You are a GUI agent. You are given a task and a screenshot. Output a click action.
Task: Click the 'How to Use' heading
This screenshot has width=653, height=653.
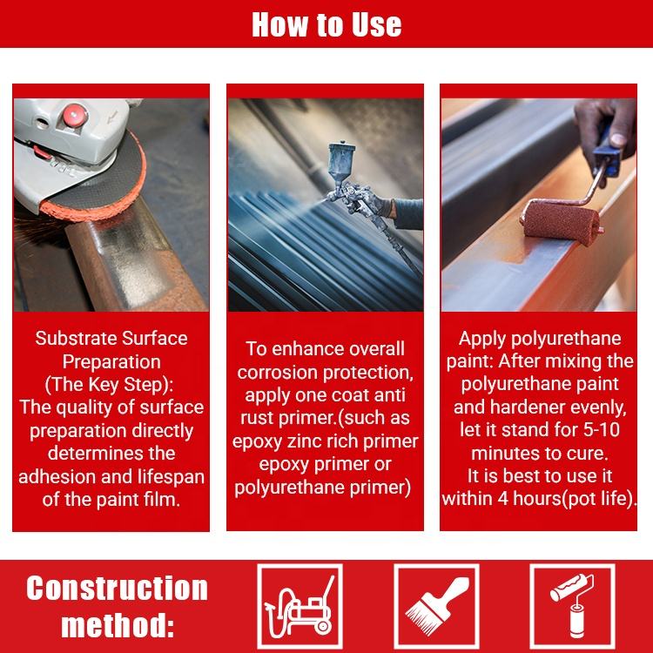tap(326, 24)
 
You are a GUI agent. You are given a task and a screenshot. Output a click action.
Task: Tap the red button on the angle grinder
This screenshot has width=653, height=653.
tap(75, 115)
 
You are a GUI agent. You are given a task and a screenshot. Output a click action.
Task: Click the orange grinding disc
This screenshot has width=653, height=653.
tap(94, 183)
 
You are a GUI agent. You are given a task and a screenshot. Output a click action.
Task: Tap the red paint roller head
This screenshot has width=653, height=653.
tap(561, 223)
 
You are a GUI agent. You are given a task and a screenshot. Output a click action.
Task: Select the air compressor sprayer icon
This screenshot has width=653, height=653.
tap(300, 606)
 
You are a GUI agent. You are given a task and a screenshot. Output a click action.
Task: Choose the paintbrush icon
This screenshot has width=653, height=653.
tap(436, 606)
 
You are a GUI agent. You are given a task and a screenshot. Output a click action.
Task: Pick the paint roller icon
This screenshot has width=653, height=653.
tap(572, 606)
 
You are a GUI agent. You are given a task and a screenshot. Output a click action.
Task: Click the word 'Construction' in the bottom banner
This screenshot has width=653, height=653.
tap(117, 588)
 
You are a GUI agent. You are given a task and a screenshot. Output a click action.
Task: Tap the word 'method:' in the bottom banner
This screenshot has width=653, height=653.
tap(118, 625)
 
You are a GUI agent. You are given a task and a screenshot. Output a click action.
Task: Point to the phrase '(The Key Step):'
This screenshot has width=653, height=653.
tap(109, 384)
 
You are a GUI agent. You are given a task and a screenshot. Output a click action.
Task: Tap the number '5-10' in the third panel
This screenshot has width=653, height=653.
tap(602, 430)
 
